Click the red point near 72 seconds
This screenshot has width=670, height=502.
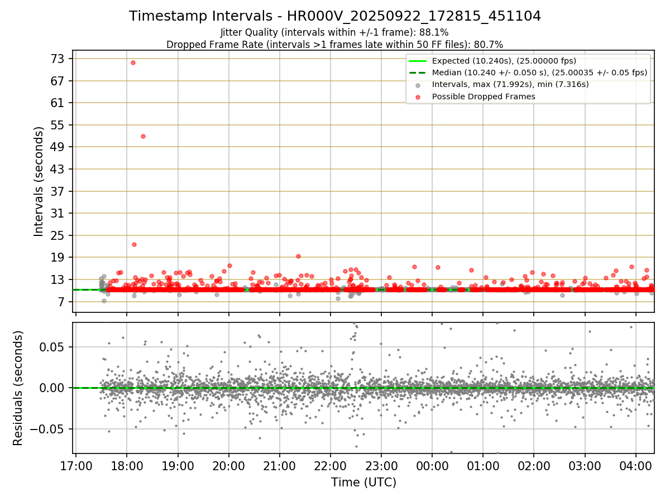click(x=133, y=62)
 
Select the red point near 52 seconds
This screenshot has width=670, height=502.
click(x=143, y=136)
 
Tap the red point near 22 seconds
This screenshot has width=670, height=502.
click(x=134, y=244)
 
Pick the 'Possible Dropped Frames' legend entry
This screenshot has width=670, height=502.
click(x=484, y=96)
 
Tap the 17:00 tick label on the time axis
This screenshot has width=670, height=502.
click(x=76, y=466)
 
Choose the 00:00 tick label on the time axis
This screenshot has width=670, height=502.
click(x=432, y=466)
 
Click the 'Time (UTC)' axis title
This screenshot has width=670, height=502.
click(x=363, y=482)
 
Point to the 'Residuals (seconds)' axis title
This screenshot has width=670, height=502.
click(x=18, y=388)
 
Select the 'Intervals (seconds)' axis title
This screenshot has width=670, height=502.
click(x=39, y=181)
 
